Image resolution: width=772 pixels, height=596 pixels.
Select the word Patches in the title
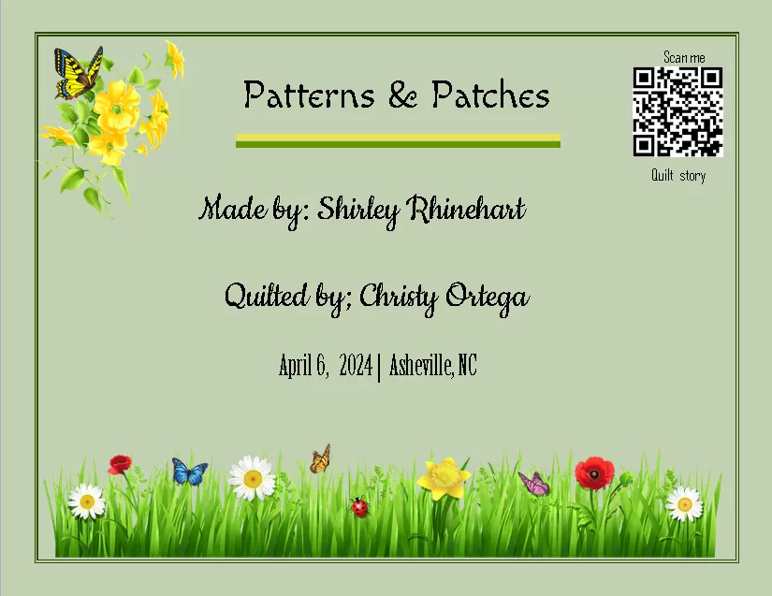point(490,95)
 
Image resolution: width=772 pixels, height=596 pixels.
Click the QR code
point(677,111)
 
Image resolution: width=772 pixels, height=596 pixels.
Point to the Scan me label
point(684,58)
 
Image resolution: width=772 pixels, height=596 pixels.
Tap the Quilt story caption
point(678,175)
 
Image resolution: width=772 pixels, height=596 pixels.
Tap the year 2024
point(356,365)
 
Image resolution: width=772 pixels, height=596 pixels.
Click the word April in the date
point(296,365)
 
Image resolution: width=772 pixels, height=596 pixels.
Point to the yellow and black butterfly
point(77,73)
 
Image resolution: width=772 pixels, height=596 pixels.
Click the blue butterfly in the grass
point(189,472)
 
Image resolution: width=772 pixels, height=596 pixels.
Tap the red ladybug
point(359,507)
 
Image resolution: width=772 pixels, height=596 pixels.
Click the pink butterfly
point(534,484)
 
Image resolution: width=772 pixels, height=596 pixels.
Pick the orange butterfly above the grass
point(321,458)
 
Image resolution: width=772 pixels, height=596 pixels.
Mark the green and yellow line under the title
point(398,140)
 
